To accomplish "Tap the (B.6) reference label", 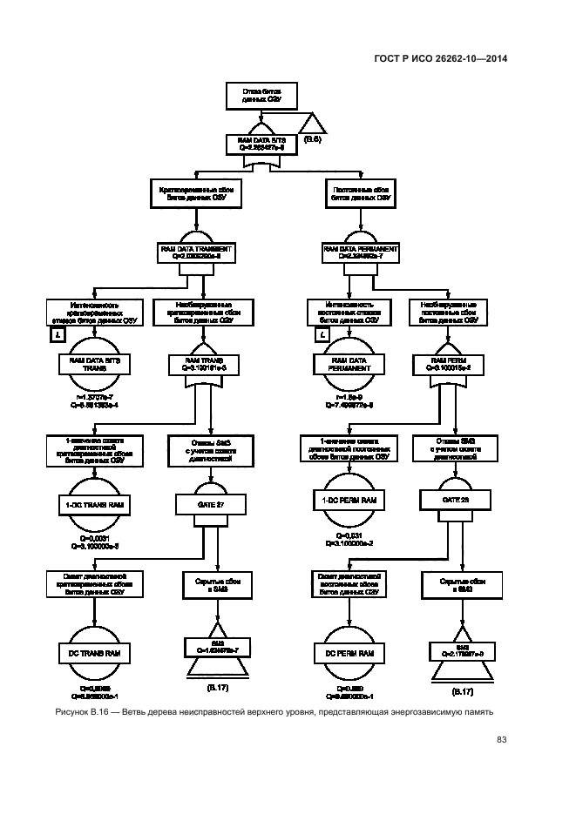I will tap(313, 139).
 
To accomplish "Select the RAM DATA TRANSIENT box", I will tap(201, 252).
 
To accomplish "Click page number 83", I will tap(502, 740).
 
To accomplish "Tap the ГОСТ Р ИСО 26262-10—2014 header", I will tap(442, 58).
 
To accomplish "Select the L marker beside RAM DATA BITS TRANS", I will tap(57, 334).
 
